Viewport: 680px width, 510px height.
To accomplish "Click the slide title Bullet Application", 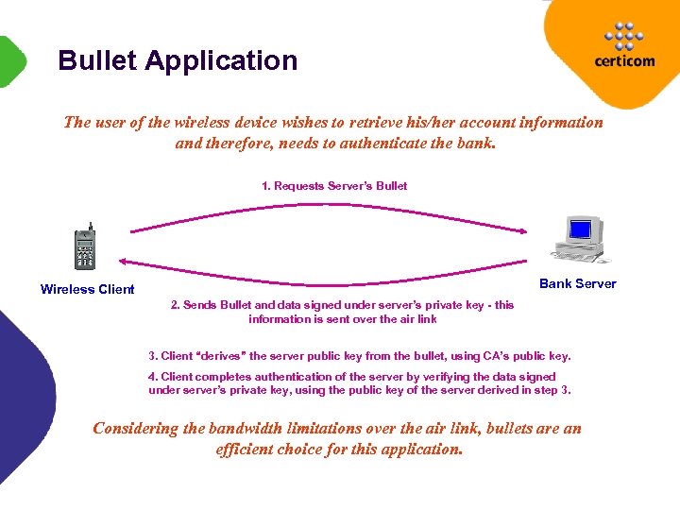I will pos(178,60).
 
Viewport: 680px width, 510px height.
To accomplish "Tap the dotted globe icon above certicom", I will pos(623,35).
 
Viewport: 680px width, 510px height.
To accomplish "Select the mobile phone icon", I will pos(85,248).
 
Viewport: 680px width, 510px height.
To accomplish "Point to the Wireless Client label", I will pos(87,289).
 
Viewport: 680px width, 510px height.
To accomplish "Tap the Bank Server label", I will pos(577,283).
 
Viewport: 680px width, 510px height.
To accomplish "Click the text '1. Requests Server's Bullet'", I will pos(334,186).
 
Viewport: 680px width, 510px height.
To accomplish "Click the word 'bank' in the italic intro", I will pos(473,144).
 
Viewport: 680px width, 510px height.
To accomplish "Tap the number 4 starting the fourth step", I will pos(152,377).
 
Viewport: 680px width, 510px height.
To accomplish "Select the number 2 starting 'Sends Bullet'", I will pos(174,305).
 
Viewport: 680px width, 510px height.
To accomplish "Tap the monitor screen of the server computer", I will pos(580,229).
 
